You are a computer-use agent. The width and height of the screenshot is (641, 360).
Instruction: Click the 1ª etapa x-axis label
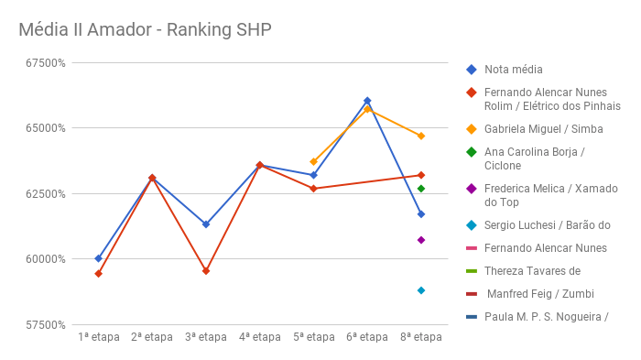(x=98, y=337)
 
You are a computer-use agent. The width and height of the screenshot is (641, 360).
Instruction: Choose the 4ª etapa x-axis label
(x=260, y=337)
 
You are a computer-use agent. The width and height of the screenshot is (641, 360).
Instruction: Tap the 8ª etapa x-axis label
(x=421, y=337)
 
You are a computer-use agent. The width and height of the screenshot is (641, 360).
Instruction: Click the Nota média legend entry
(x=513, y=70)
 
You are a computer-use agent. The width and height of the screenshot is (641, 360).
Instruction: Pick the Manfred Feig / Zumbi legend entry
(x=539, y=294)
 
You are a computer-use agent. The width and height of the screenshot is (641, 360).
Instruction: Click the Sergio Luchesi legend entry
(x=547, y=225)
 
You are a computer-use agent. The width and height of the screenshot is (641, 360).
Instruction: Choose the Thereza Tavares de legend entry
(x=532, y=271)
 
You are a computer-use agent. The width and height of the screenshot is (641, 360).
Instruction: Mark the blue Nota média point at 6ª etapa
(x=367, y=101)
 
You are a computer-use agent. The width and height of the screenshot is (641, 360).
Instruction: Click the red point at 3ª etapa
(x=206, y=271)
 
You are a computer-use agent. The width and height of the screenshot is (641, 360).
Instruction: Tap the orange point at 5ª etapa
(x=313, y=161)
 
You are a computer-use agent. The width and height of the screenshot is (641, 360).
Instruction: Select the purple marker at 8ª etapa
(x=421, y=240)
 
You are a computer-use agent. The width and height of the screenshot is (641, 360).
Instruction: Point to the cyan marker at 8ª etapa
(x=421, y=290)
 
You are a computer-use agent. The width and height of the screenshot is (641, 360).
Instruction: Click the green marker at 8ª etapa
(x=421, y=189)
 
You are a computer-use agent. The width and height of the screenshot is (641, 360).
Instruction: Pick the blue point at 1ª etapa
(x=98, y=258)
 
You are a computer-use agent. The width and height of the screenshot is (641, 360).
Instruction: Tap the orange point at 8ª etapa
(x=421, y=136)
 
